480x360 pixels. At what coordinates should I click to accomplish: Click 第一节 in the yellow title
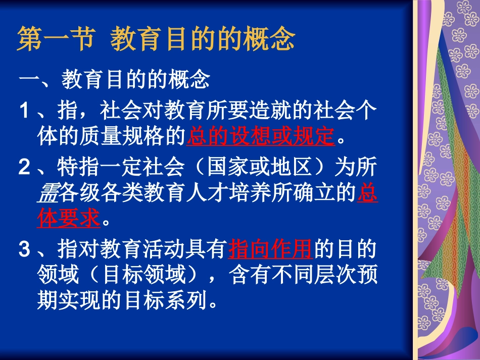(56, 40)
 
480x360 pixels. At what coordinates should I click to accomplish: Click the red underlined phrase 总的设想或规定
(261, 136)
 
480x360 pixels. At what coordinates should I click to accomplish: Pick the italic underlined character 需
(48, 194)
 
